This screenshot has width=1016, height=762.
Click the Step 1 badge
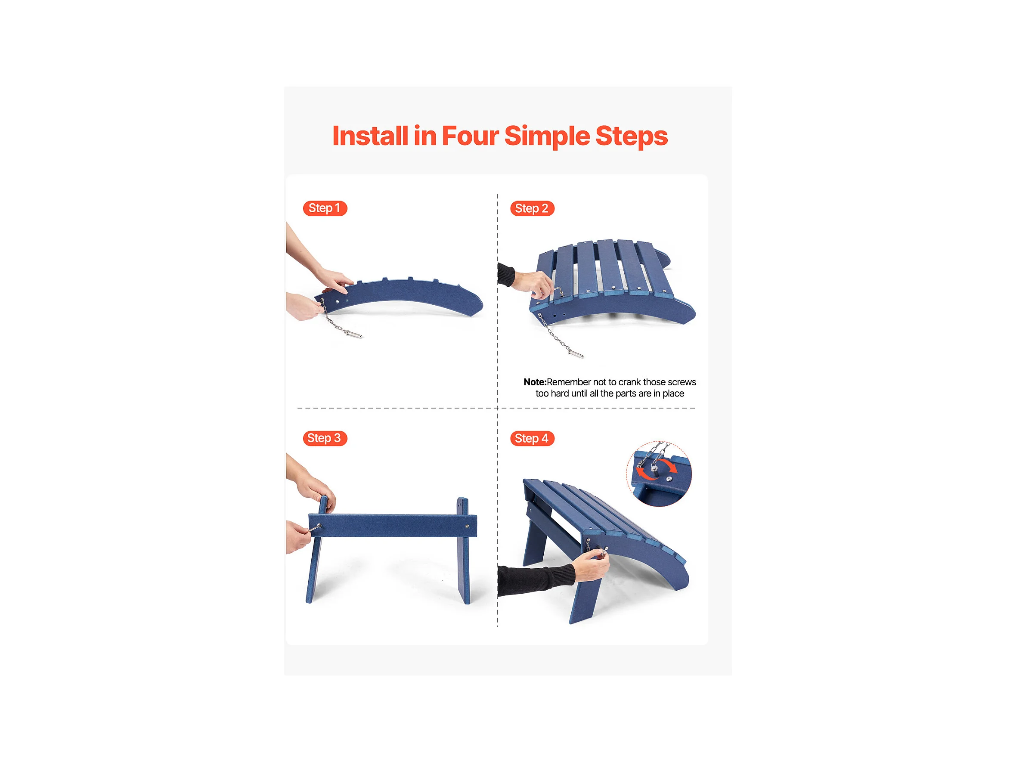[325, 208]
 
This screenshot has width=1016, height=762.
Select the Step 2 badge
[532, 208]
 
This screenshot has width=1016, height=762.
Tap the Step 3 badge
[325, 438]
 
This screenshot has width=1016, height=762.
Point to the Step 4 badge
[532, 439]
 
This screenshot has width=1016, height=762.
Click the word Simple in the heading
[547, 137]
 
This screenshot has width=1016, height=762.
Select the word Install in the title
[370, 136]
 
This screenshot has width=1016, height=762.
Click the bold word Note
[535, 382]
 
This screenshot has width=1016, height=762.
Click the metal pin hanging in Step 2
[576, 353]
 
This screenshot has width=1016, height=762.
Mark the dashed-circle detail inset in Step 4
[659, 474]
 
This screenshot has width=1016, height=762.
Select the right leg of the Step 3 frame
[465, 550]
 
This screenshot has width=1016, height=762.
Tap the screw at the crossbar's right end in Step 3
[468, 527]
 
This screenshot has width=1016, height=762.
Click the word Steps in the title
[632, 137]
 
